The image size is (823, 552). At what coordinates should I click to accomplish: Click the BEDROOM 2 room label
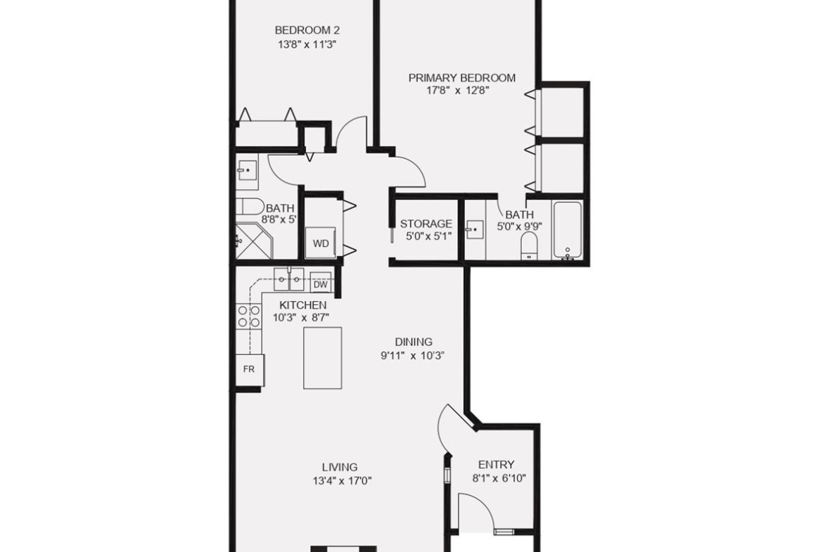[307, 30]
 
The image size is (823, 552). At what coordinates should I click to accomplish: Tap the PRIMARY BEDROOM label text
[462, 77]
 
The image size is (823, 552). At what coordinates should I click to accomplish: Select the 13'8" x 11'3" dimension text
[307, 44]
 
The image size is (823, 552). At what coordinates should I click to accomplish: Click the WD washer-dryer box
[321, 243]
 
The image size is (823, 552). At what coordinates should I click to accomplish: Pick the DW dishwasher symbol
[321, 284]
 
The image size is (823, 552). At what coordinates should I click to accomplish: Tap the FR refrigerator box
[249, 369]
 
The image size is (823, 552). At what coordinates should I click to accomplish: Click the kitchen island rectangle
[322, 358]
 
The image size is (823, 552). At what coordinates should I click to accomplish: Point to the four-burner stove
[249, 316]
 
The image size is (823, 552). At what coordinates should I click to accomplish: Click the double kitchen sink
[288, 279]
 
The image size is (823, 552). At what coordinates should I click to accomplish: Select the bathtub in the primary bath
[568, 231]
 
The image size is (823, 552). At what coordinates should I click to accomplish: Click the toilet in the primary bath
[529, 245]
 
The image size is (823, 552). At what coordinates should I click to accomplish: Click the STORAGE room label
[426, 224]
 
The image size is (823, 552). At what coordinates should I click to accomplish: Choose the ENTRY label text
[496, 464]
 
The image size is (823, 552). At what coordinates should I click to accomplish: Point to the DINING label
[414, 342]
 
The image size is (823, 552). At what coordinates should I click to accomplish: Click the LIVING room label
[340, 466]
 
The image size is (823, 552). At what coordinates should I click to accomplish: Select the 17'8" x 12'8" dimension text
[458, 90]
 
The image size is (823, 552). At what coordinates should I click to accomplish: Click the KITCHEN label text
[303, 305]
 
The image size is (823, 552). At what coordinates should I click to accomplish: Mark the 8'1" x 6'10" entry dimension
[499, 478]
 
